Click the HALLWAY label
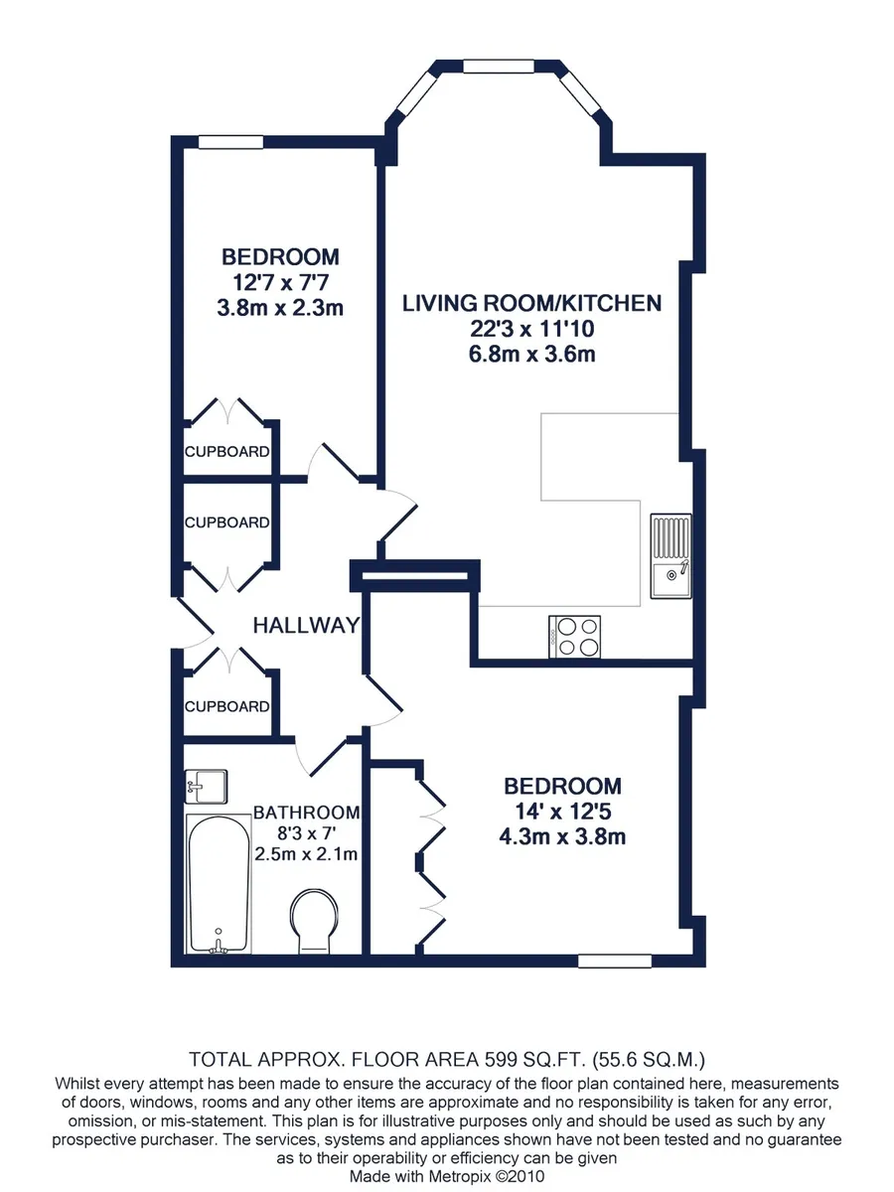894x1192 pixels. pos(306,625)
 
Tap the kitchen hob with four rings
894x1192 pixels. pos(575,636)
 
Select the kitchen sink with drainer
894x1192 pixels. pos(671,555)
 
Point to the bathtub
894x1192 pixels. pos(219,883)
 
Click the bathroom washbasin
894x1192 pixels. pos(206,787)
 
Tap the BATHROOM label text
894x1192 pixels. pos(306,813)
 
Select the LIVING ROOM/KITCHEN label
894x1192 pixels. pos(532,303)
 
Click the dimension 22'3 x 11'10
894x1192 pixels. pos(532,329)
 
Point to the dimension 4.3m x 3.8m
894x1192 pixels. pos(562,836)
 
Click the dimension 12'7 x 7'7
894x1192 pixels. pos(281,282)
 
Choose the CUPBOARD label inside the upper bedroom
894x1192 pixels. pos(226,451)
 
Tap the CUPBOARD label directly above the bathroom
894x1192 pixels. pos(226,706)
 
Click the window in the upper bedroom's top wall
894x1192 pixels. pos(230,142)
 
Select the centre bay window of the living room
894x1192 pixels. pos(499,67)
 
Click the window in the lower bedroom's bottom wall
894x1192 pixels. pos(615,961)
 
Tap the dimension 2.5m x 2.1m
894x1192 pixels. pos(306,854)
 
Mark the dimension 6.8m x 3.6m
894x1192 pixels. pos(532,354)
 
